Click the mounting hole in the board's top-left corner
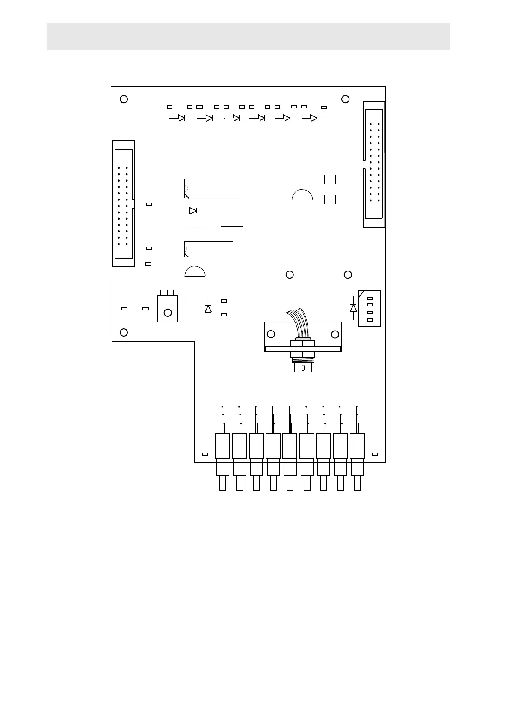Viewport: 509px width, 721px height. tap(124, 99)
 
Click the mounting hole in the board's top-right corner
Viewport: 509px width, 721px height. tap(346, 99)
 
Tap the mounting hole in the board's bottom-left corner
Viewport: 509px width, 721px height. tap(124, 332)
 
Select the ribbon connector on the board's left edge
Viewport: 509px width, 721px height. tap(124, 204)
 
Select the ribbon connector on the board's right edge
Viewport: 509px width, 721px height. tap(373, 164)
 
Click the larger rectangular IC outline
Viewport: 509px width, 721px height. tap(213, 188)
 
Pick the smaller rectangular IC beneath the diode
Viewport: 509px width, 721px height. tap(209, 249)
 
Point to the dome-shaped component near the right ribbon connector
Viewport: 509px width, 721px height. tap(302, 194)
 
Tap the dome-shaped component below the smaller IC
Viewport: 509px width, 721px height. tap(195, 272)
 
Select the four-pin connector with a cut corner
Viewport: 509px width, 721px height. tap(370, 309)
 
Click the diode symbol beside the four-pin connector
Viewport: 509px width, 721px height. tap(353, 308)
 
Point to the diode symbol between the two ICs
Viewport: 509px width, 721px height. tap(193, 211)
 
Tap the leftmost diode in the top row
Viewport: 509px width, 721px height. tap(181, 118)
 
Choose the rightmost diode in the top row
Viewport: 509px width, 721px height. tap(314, 118)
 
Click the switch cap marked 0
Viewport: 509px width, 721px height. tap(303, 368)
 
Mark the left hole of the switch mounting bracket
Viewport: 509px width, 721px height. tap(271, 334)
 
